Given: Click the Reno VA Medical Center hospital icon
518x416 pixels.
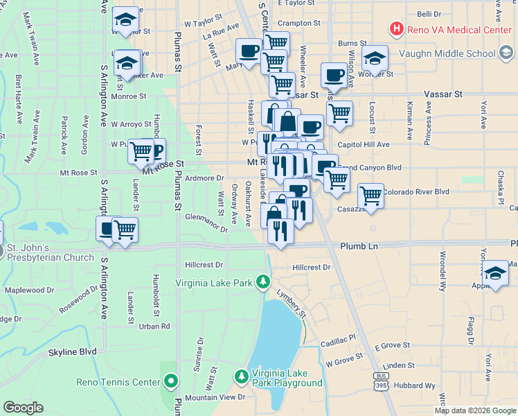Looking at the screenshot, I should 397,28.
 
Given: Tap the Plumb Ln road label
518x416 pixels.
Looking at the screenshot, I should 359,246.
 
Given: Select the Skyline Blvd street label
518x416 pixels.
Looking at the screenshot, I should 72,352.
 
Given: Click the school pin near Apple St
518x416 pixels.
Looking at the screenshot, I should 495,273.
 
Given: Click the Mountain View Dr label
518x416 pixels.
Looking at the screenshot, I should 215,397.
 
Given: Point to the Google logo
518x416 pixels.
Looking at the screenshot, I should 24,408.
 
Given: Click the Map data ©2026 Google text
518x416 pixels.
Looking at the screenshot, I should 474,410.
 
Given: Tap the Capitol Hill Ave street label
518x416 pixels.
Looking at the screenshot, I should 364,144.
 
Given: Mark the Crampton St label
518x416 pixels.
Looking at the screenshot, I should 299,23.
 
